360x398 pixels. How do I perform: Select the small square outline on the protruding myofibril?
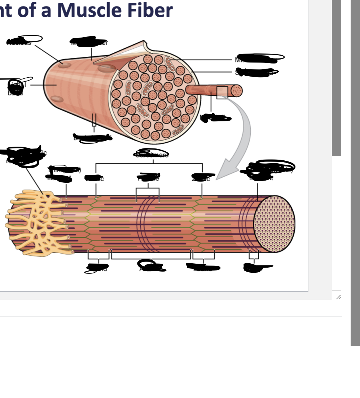click(222, 92)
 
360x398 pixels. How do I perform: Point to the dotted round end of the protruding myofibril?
click(236, 91)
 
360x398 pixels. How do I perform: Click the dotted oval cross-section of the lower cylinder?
click(274, 224)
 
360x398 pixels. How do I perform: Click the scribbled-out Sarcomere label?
click(152, 154)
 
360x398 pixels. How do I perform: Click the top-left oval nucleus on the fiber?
click(65, 65)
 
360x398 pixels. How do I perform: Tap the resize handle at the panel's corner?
click(338, 297)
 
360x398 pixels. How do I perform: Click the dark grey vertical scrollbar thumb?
click(336, 78)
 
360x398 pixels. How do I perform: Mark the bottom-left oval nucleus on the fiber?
click(57, 99)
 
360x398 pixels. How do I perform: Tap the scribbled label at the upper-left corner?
click(23, 40)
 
